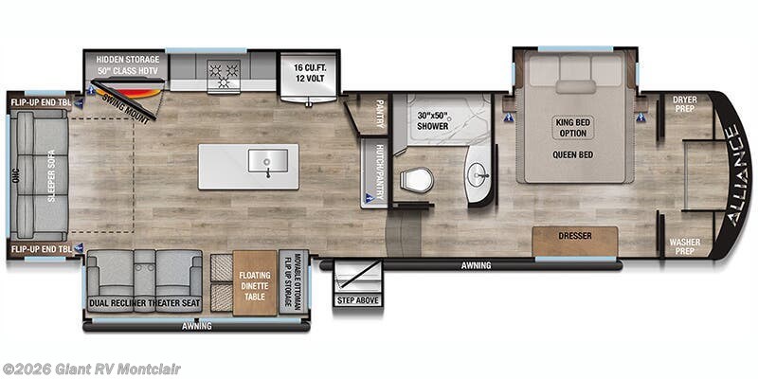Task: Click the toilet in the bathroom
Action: click(x=417, y=179)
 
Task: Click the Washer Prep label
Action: click(x=685, y=246)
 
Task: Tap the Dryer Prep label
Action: click(x=685, y=103)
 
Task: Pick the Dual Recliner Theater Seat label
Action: click(x=145, y=303)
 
